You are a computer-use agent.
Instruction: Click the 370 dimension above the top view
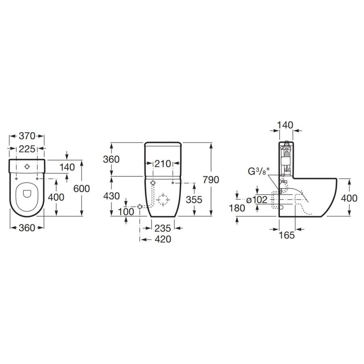pyautogui.click(x=27, y=136)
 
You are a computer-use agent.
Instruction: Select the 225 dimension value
pyautogui.click(x=27, y=149)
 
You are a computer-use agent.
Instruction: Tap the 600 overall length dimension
pyautogui.click(x=81, y=189)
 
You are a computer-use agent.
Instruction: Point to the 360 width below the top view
pyautogui.click(x=27, y=228)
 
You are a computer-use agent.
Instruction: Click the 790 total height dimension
pyautogui.click(x=211, y=180)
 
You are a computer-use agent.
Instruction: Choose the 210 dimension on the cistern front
pyautogui.click(x=163, y=164)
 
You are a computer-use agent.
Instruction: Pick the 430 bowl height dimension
pyautogui.click(x=112, y=196)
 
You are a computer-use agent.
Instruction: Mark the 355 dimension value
pyautogui.click(x=194, y=200)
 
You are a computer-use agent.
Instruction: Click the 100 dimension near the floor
pyautogui.click(x=126, y=212)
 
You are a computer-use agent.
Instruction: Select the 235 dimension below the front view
pyautogui.click(x=163, y=229)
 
